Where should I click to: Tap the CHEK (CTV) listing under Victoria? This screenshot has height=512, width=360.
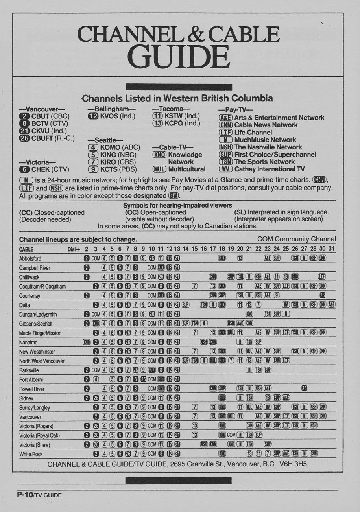[x=50, y=169]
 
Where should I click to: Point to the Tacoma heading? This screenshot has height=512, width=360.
[x=171, y=109]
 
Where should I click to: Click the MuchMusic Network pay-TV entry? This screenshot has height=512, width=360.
[x=265, y=140]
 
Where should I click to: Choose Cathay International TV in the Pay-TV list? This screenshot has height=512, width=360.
[x=270, y=169]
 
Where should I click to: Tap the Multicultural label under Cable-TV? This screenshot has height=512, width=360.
[x=186, y=169]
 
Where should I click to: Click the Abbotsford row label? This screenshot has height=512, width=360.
[x=30, y=259]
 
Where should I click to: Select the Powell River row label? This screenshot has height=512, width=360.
[x=32, y=389]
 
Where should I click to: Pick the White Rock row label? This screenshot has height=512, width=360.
[x=31, y=454]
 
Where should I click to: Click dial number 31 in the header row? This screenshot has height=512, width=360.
[x=331, y=249]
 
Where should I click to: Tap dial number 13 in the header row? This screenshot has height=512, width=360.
[x=177, y=249]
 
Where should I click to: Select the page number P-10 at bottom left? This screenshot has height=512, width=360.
[x=24, y=495]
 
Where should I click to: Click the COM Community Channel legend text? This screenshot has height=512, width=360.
[x=296, y=239]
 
